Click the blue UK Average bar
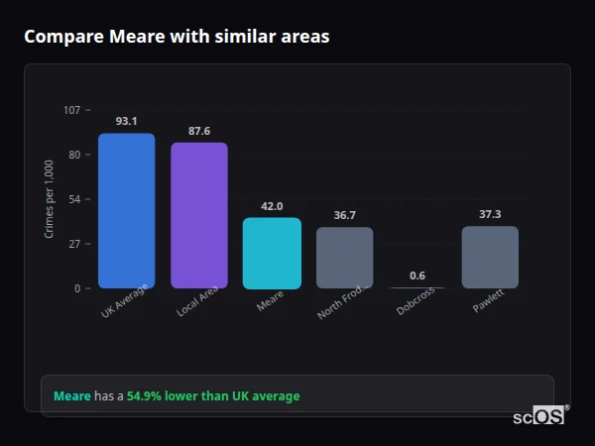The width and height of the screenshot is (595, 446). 126,211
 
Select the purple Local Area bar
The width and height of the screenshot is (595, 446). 199,216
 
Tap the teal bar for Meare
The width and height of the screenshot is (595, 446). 272,254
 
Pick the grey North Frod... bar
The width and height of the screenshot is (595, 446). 344,258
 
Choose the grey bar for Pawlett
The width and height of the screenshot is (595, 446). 490,258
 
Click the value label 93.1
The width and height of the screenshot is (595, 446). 126,121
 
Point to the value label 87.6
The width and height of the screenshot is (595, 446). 199,131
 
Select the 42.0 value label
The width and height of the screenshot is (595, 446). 272,206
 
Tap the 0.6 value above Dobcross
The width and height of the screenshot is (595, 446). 417,276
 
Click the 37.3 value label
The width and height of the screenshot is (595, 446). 490,214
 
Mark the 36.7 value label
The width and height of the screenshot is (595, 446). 344,215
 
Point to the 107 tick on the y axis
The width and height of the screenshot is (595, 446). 71,110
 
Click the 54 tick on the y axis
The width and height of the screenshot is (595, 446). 74,199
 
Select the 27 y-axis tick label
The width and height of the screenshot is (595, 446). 74,244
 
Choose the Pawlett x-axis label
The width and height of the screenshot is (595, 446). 488,301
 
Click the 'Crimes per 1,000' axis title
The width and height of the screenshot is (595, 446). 50,199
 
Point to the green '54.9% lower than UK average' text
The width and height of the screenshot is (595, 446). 213,396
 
